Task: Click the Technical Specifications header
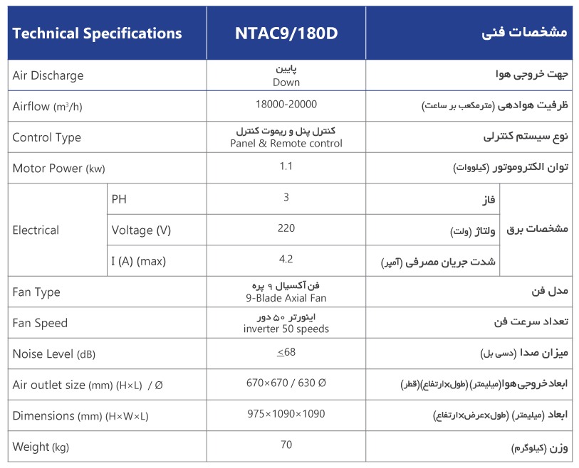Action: [x=97, y=33]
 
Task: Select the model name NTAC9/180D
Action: [x=286, y=33]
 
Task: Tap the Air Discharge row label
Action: [x=48, y=75]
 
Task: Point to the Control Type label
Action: [x=47, y=137]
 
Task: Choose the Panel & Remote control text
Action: [x=286, y=144]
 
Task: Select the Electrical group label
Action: [x=36, y=230]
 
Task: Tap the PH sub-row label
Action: [x=119, y=198]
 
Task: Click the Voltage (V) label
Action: [x=142, y=230]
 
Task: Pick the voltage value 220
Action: [x=286, y=228]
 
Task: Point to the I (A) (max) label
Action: [x=139, y=261]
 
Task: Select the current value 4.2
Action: [x=286, y=259]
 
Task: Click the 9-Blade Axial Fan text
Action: [x=286, y=298]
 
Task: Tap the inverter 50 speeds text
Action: [x=286, y=329]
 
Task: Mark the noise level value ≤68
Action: [x=286, y=352]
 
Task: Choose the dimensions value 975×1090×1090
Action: [x=286, y=413]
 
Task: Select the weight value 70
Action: [x=286, y=445]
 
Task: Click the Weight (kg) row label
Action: [x=41, y=447]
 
